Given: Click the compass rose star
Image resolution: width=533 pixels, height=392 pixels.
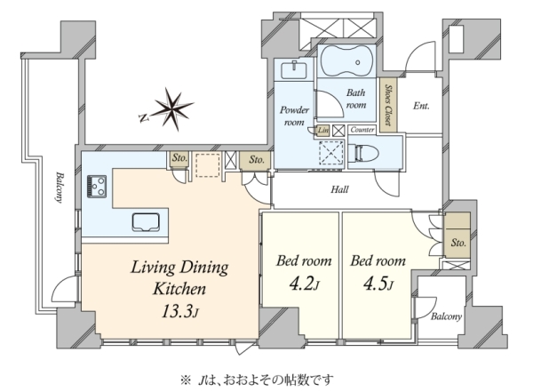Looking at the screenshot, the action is (172, 108).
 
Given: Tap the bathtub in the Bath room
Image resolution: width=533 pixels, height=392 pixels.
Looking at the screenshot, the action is (346, 60).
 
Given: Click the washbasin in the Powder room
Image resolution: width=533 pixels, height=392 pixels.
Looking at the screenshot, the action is (294, 69).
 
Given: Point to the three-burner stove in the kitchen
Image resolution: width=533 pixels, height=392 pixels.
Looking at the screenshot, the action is (97, 186).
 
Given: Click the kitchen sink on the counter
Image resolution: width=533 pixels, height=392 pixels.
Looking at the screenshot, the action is (146, 222).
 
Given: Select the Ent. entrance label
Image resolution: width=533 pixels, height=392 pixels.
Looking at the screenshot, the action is (421, 106).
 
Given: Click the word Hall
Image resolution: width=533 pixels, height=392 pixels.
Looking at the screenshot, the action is (339, 189).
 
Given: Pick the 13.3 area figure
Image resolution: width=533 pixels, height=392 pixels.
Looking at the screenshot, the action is (179, 311).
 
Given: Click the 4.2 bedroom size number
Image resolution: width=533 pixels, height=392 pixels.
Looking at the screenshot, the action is (304, 284).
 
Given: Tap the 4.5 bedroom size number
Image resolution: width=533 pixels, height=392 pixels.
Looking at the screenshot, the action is (378, 284).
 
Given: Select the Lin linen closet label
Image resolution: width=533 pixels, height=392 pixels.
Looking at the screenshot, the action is (323, 131).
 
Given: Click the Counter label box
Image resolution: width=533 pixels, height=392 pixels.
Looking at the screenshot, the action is (362, 130).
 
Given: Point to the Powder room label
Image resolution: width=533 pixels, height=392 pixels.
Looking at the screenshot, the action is (294, 116).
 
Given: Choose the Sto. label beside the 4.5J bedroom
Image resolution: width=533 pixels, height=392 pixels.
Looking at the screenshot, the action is (458, 243).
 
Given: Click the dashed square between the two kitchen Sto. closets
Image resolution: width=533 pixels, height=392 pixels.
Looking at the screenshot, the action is (208, 165).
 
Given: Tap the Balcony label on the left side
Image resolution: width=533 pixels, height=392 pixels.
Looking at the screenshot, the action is (60, 188).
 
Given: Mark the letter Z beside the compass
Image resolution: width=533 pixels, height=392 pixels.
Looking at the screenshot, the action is (144, 118).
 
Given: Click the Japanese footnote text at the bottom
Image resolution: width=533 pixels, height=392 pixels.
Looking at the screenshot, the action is (257, 380).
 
